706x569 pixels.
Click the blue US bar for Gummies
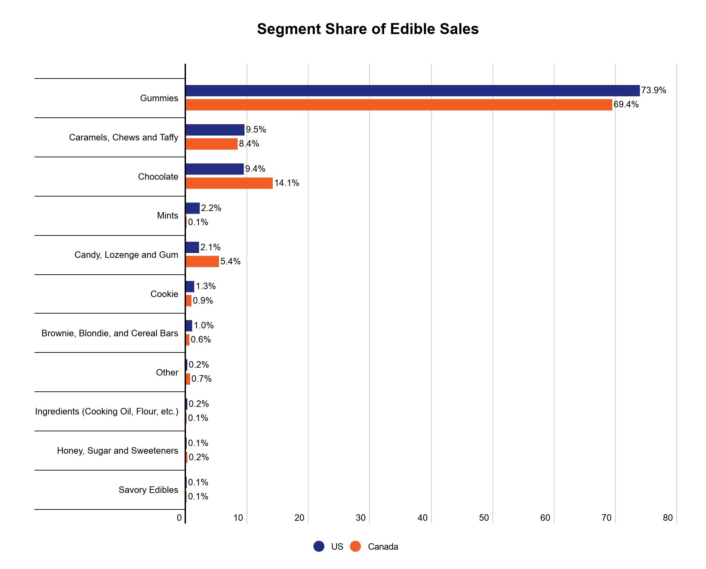(412, 91)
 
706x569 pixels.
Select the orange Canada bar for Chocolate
(229, 183)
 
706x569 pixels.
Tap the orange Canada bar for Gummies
(398, 105)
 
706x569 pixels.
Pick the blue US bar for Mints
(193, 208)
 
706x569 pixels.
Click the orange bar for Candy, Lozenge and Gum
(202, 262)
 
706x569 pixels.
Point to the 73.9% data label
(653, 91)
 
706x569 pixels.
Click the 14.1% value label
(287, 183)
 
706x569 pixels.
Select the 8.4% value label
(249, 144)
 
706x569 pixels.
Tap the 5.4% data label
(230, 262)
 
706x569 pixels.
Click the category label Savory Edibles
(148, 490)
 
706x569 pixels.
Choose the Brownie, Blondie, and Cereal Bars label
(110, 333)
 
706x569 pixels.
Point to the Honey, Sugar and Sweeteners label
(118, 451)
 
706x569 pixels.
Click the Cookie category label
(164, 294)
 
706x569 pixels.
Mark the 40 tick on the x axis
(422, 518)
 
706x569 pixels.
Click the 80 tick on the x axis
(667, 518)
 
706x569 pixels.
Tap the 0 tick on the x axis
(179, 518)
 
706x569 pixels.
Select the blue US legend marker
(319, 546)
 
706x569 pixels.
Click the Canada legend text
(383, 547)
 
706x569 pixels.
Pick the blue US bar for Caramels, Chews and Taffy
(215, 130)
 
